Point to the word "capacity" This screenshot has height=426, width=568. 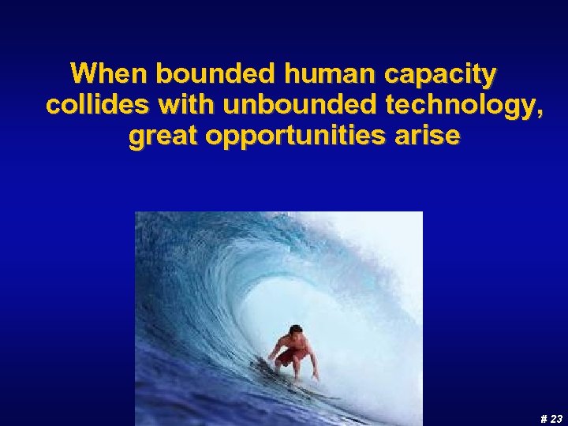point(440,77)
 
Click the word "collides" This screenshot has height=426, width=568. point(97,106)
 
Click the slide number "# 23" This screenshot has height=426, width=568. point(551,419)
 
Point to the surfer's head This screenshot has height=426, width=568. point(296,331)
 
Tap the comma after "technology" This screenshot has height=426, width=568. point(540,114)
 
